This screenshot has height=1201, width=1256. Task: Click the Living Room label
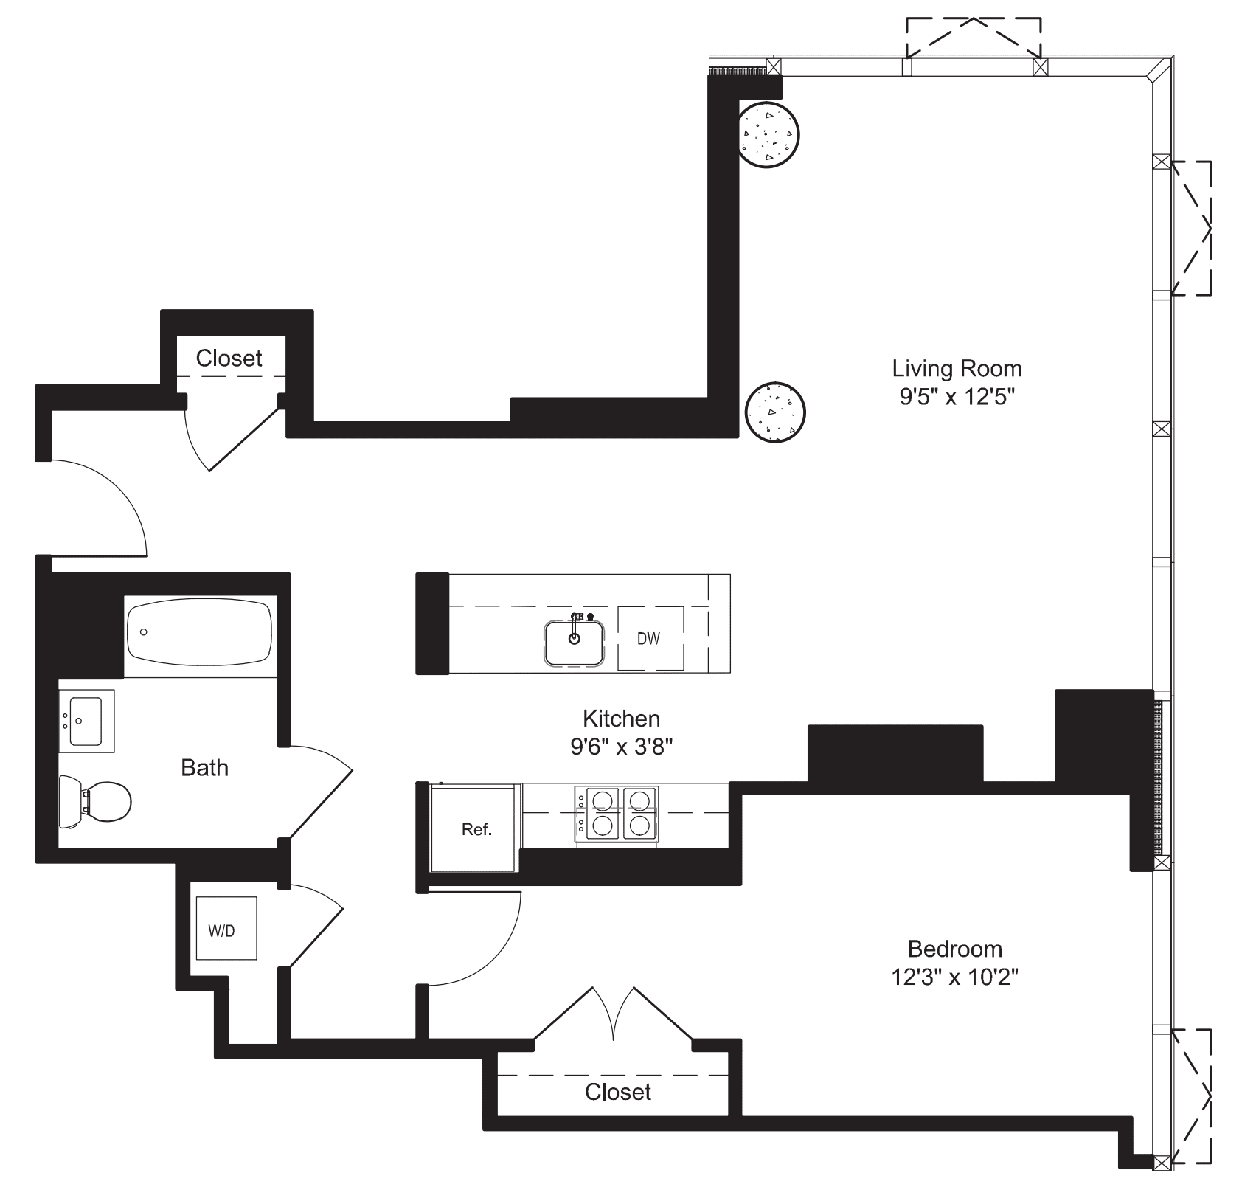point(957,368)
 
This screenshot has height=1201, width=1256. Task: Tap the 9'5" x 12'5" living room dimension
point(957,398)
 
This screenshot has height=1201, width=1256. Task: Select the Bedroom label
point(954,949)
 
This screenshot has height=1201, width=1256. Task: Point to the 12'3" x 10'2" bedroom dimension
point(954,978)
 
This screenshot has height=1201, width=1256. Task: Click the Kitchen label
point(621,718)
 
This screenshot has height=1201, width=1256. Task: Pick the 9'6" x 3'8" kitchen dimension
point(621,747)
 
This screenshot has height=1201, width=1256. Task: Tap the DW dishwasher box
point(650,638)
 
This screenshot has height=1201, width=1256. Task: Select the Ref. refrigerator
point(476,829)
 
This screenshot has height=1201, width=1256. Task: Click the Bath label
point(204,768)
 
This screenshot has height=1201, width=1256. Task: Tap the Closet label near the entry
point(229,359)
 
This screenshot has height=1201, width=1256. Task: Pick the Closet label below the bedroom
point(617,1092)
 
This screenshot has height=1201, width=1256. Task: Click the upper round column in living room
point(768,135)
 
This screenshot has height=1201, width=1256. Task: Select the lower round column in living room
point(774,412)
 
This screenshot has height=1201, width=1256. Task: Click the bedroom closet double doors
point(614,1014)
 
